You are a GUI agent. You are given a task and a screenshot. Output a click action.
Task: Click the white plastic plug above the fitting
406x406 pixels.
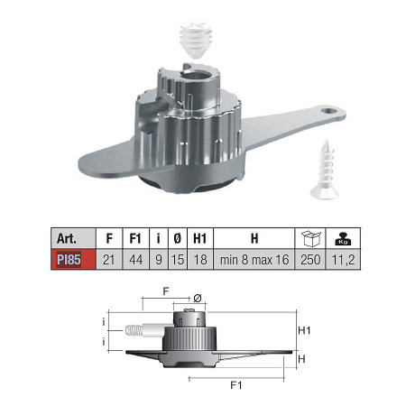point(196,39)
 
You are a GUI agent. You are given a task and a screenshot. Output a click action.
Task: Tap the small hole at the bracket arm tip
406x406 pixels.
point(328,111)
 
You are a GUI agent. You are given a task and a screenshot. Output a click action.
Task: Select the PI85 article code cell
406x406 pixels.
point(73,259)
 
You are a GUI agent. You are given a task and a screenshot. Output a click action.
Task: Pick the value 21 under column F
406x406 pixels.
point(109,260)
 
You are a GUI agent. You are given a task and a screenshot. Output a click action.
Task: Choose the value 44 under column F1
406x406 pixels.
point(136,260)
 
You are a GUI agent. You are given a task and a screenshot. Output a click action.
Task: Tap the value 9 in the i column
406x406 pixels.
point(159,260)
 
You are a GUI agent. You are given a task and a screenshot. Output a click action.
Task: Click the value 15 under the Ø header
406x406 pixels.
point(178,260)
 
